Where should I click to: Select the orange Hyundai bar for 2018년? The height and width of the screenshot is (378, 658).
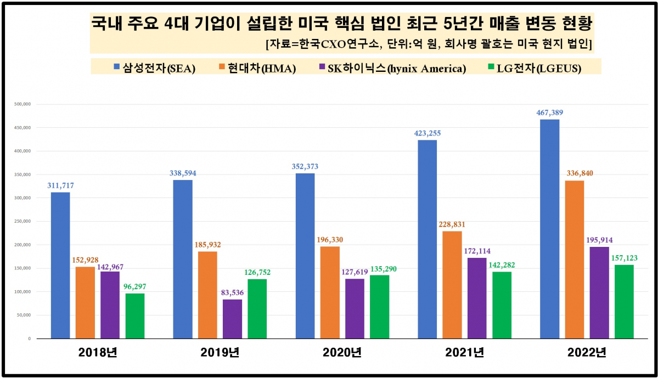point(85,302)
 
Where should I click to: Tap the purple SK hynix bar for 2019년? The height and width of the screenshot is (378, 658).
point(232,319)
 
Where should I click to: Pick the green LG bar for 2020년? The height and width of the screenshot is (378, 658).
point(379,307)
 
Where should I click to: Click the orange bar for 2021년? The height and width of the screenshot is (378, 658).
point(452,285)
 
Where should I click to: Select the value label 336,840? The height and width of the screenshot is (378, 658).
point(575,173)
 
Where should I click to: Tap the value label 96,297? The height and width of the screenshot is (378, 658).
point(135,286)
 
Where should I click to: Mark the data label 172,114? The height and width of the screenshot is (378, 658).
point(477,251)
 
